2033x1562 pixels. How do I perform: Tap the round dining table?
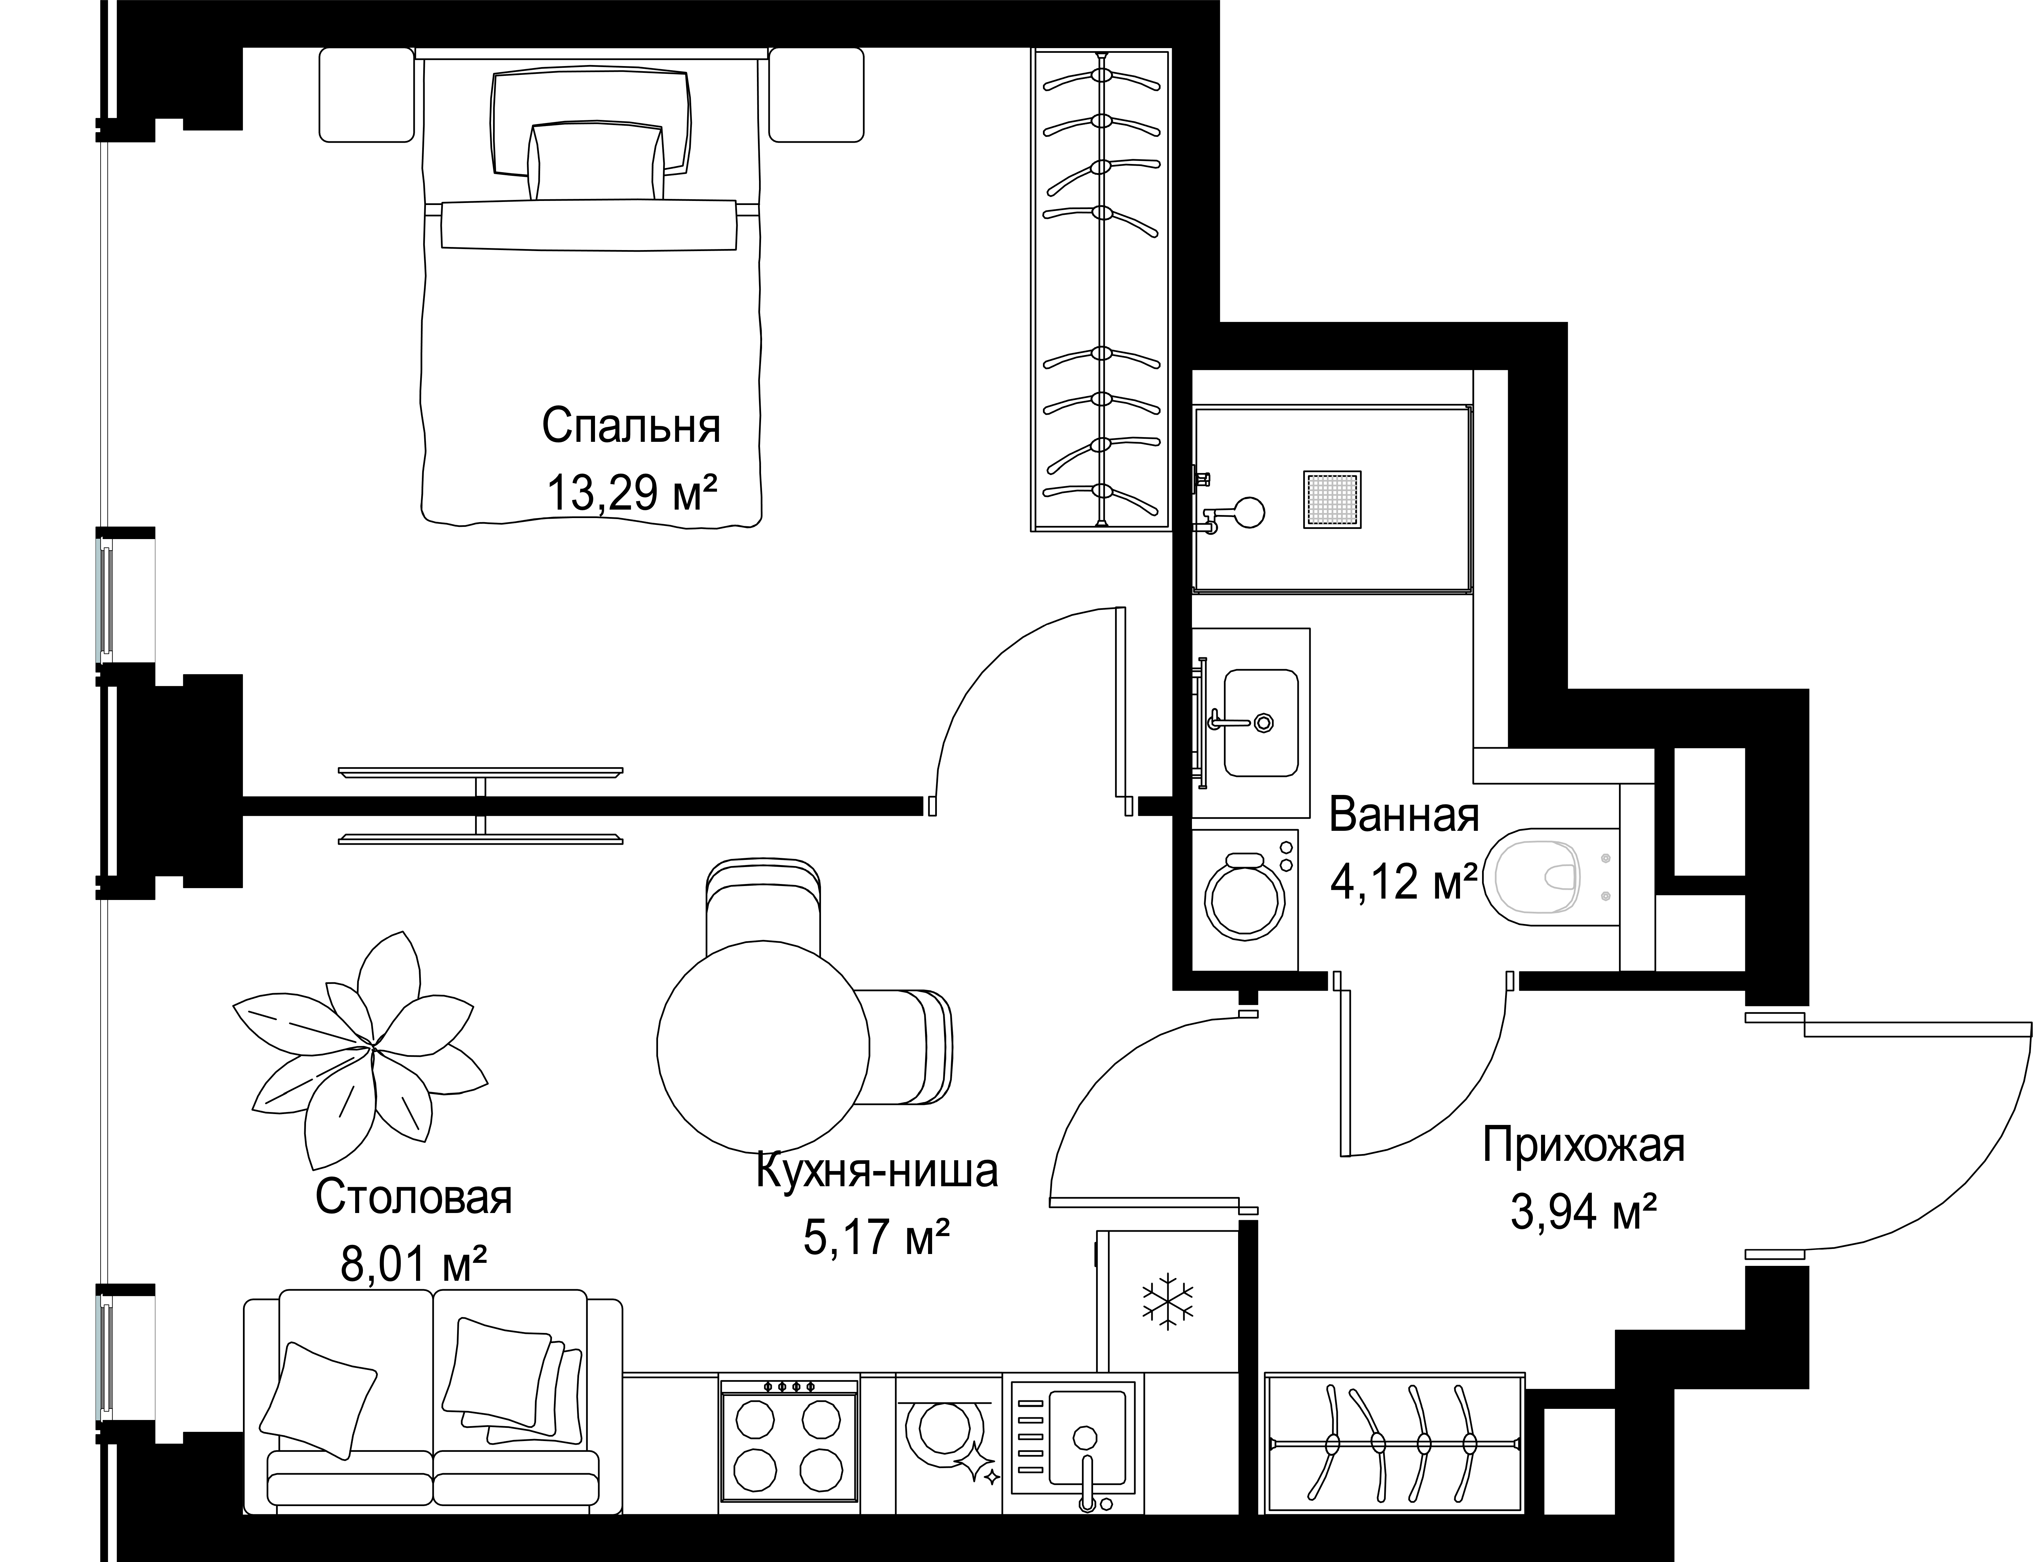(x=763, y=1046)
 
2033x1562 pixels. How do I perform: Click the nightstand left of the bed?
(x=366, y=95)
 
